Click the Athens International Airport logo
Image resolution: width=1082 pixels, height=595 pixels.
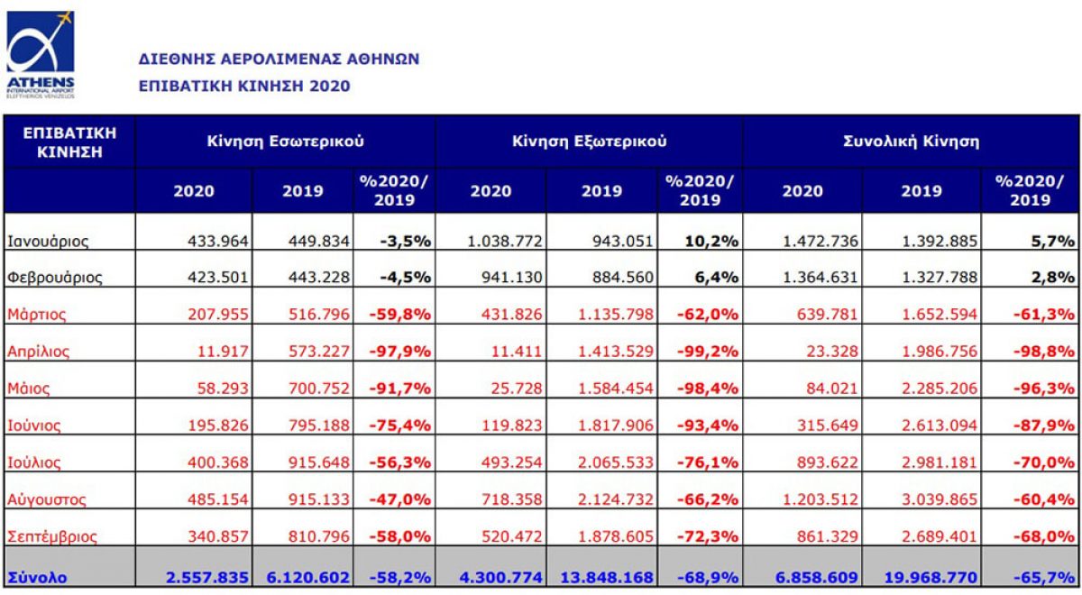point(41,53)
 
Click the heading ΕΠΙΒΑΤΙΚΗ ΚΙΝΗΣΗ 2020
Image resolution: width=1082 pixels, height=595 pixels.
point(243,87)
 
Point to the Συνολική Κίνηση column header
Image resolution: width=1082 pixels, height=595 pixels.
point(911,141)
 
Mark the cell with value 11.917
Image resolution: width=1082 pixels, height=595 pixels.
point(224,352)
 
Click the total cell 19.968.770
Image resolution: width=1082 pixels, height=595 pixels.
point(929,574)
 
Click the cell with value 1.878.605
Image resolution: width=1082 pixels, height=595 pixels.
point(611,536)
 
